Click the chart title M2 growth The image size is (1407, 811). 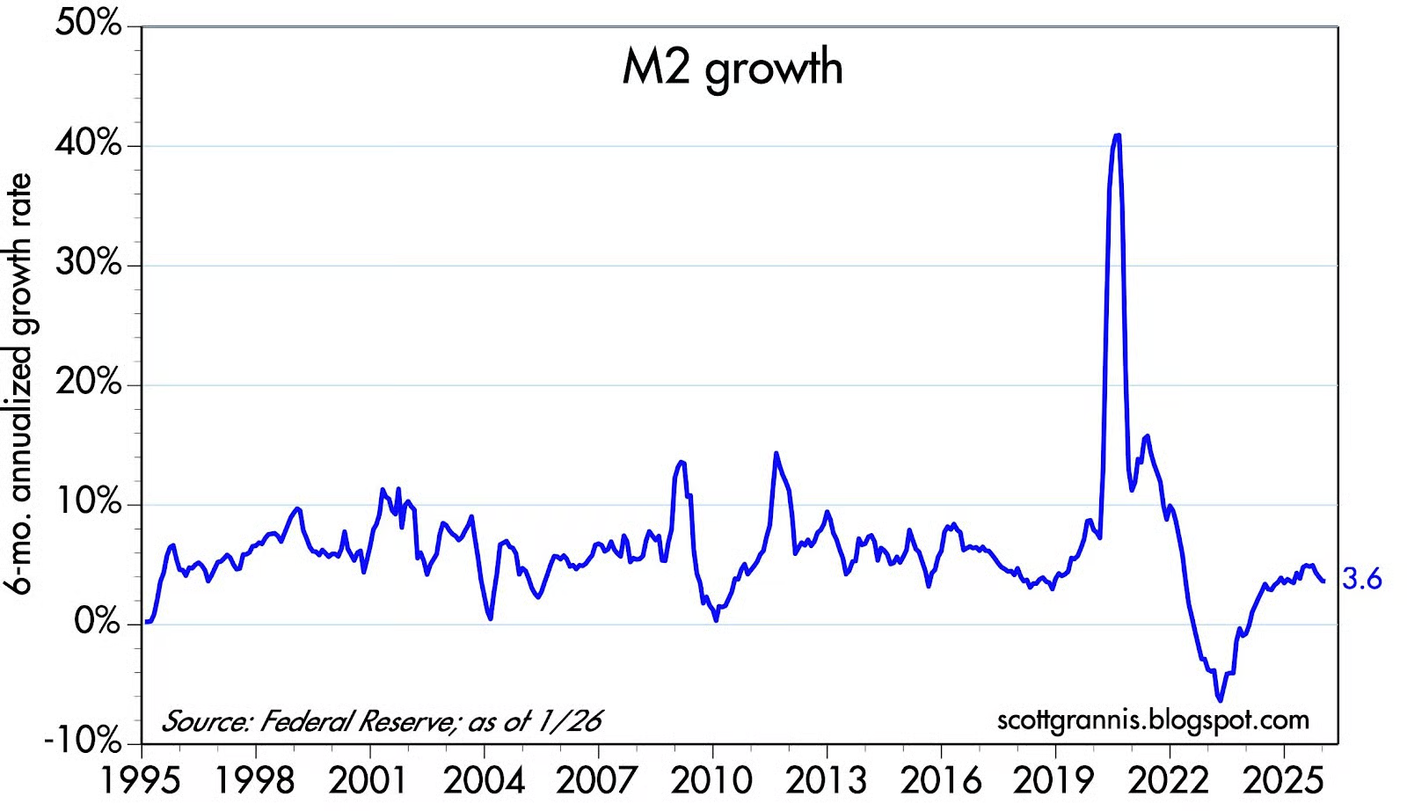(732, 68)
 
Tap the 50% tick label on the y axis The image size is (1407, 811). (88, 24)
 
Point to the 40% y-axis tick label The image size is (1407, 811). (88, 143)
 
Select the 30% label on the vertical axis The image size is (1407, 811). (88, 263)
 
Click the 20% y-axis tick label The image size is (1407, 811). (88, 384)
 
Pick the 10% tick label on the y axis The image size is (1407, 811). (88, 503)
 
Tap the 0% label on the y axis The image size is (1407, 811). (97, 623)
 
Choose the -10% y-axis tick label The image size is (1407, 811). (83, 742)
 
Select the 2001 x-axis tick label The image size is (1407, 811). (370, 780)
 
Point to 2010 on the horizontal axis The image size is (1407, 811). (713, 780)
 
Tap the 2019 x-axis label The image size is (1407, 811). (1055, 780)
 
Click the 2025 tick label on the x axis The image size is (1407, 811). (1284, 780)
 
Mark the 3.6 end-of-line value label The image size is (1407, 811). (1362, 580)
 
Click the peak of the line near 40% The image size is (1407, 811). (1117, 135)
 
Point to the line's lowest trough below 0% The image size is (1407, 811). (1220, 700)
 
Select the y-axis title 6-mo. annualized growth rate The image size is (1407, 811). (19, 384)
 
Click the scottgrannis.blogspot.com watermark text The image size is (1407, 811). (1153, 720)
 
